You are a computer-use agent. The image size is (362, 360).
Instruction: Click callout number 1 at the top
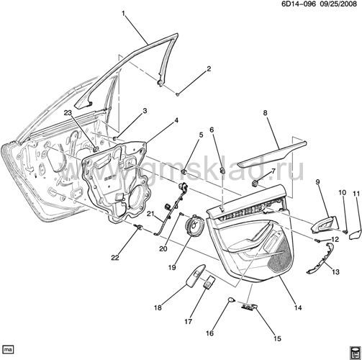coord(124,14)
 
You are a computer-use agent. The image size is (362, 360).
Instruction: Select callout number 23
coord(68,113)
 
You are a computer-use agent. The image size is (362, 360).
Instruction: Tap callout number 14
coord(298,307)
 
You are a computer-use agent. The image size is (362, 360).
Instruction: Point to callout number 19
coord(172,267)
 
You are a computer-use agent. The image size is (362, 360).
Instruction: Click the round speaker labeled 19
coord(195,226)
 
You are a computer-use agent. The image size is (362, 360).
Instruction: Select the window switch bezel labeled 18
coord(196,275)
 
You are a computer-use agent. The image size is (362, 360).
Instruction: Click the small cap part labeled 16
coord(231,300)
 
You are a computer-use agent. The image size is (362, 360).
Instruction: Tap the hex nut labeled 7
coord(255,184)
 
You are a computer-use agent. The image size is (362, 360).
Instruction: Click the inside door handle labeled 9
coord(325,225)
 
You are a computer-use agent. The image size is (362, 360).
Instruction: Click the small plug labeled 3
coord(115,138)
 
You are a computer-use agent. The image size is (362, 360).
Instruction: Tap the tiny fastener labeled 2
coord(178,94)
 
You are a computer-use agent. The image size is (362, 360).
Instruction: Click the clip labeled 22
coord(138,227)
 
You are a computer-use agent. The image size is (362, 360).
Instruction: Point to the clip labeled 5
coord(184,172)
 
